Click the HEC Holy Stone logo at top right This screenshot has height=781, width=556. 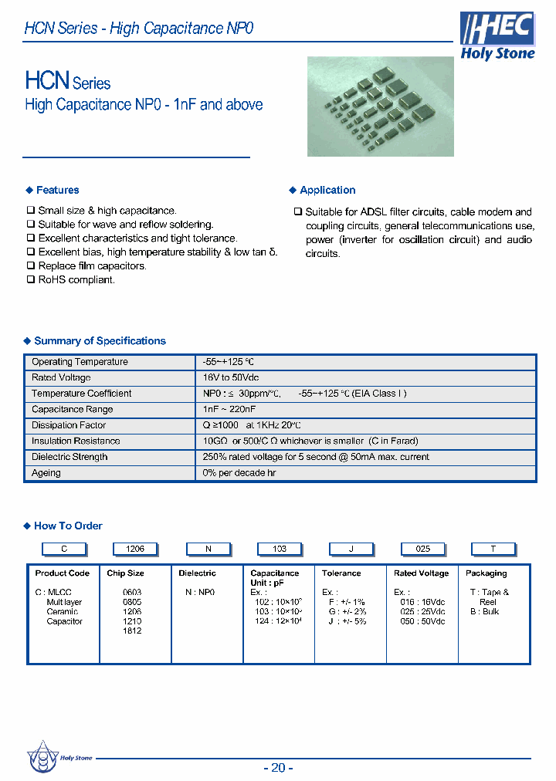pyautogui.click(x=497, y=36)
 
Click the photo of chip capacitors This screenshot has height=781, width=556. pyautogui.click(x=380, y=106)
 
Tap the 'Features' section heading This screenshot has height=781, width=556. pyautogui.click(x=57, y=191)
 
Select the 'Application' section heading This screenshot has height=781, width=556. pyautogui.click(x=327, y=191)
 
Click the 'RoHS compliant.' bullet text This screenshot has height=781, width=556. pyautogui.click(x=76, y=280)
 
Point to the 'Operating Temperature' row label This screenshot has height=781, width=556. pyautogui.click(x=80, y=362)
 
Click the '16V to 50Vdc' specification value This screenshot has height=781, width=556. pyautogui.click(x=232, y=378)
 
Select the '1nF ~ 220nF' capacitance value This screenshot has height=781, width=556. pyautogui.click(x=229, y=410)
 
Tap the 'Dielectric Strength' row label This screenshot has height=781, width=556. pyautogui.click(x=69, y=457)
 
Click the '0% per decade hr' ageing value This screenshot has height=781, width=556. pyautogui.click(x=239, y=473)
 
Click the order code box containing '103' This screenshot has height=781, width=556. pyautogui.click(x=280, y=549)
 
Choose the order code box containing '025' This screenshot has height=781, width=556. pyautogui.click(x=422, y=549)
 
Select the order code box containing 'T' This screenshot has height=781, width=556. pyautogui.click(x=493, y=549)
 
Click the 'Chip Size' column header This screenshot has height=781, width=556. pyautogui.click(x=125, y=573)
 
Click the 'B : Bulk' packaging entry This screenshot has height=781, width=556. pyautogui.click(x=484, y=612)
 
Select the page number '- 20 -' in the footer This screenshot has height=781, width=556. pyautogui.click(x=278, y=767)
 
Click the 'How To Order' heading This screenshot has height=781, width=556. pyautogui.click(x=68, y=526)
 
